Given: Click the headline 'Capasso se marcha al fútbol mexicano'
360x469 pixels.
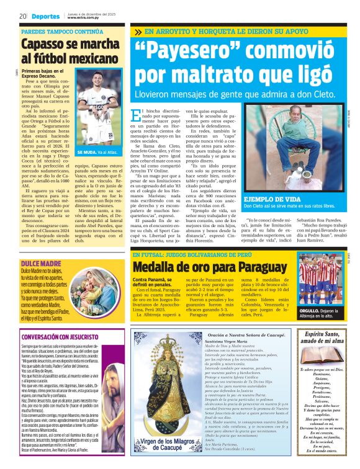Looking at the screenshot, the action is point(70,51).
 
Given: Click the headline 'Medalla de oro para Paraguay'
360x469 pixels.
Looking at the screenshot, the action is point(207,250).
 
